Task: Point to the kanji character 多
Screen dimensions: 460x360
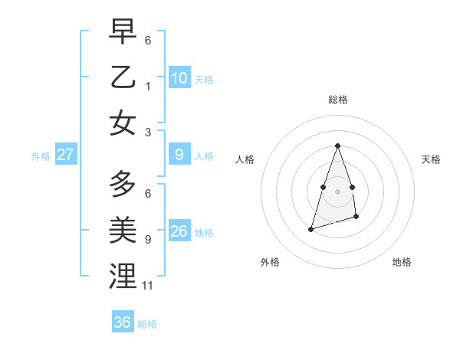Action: [x=123, y=185]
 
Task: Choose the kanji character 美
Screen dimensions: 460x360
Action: [x=123, y=230]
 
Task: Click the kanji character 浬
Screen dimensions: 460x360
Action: [x=123, y=275]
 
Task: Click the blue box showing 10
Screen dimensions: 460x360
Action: [x=179, y=77]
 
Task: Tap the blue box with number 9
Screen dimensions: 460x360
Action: [x=179, y=155]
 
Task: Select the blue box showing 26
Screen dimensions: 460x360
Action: [x=179, y=231]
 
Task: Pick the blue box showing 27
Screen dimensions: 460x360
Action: [x=66, y=155]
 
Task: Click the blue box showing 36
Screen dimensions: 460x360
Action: [x=123, y=322]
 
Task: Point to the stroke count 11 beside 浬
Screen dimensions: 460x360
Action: [x=148, y=286]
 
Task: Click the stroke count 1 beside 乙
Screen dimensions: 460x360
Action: [x=147, y=85]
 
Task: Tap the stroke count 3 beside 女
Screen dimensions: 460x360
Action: [x=147, y=131]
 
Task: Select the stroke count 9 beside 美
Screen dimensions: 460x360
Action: [x=147, y=239]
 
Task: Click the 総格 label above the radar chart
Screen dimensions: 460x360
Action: [x=337, y=100]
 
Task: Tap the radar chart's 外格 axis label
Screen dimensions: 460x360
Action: [x=270, y=262]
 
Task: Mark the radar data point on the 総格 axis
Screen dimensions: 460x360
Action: [x=337, y=146]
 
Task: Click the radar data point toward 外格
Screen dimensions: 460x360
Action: [x=310, y=228]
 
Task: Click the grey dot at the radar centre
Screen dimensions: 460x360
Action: [x=337, y=191]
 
